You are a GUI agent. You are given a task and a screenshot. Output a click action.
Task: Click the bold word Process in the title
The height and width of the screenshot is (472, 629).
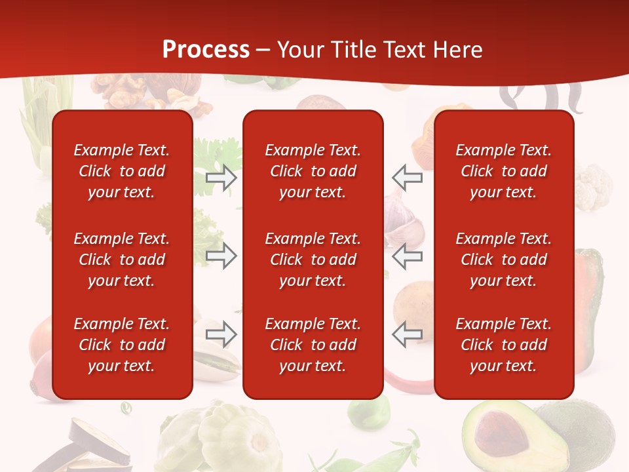pyautogui.click(x=206, y=50)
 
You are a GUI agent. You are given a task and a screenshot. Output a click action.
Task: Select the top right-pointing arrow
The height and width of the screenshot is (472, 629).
pyautogui.click(x=221, y=178)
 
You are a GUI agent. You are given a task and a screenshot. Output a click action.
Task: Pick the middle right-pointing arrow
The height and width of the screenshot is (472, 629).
pyautogui.click(x=221, y=256)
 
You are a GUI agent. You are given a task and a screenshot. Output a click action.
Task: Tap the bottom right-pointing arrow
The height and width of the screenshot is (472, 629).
pyautogui.click(x=221, y=334)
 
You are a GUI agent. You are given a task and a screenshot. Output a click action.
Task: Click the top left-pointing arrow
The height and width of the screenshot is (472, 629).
pyautogui.click(x=407, y=178)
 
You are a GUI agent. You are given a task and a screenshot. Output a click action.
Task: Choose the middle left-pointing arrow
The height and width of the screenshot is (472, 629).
pyautogui.click(x=407, y=256)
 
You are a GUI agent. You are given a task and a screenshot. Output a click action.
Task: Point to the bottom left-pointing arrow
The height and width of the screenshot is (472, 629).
pyautogui.click(x=407, y=334)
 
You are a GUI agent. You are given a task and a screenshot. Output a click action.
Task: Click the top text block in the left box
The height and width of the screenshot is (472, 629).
pyautogui.click(x=122, y=171)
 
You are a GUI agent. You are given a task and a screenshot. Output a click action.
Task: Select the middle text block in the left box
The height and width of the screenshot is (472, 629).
pyautogui.click(x=122, y=260)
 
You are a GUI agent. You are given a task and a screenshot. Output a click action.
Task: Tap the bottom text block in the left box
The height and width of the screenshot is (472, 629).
pyautogui.click(x=122, y=345)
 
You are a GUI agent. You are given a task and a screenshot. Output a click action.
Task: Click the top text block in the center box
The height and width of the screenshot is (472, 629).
pyautogui.click(x=313, y=171)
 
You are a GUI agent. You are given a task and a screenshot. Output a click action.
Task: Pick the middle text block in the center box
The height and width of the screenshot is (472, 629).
pyautogui.click(x=313, y=260)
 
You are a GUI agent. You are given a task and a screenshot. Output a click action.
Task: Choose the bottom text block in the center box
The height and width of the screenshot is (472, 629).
pyautogui.click(x=313, y=345)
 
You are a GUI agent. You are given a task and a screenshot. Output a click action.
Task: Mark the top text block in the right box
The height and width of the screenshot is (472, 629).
pyautogui.click(x=503, y=171)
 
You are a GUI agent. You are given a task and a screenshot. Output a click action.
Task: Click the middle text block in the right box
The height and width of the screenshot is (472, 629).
pyautogui.click(x=503, y=260)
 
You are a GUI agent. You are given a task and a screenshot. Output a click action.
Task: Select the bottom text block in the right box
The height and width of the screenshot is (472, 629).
pyautogui.click(x=503, y=345)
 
